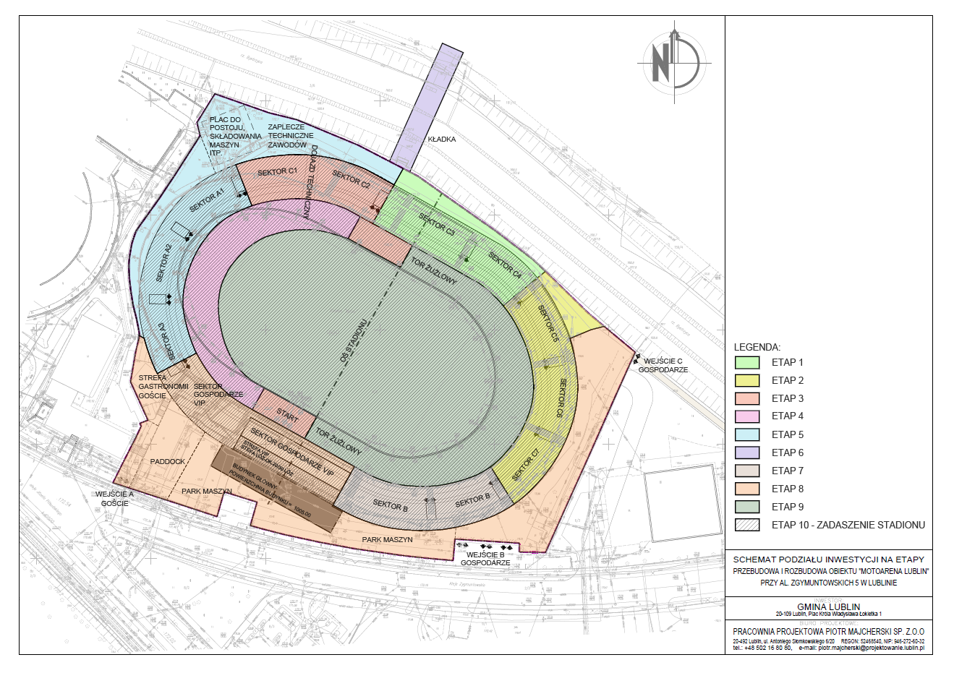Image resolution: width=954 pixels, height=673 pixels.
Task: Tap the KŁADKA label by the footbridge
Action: (441, 139)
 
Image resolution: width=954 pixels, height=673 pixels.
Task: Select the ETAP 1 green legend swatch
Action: (747, 362)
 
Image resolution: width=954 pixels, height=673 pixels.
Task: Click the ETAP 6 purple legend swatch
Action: (747, 453)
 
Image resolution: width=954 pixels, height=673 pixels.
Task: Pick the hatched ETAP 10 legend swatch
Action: (747, 525)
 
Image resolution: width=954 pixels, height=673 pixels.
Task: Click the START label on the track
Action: (286, 416)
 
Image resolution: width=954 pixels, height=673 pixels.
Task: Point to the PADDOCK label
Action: (168, 461)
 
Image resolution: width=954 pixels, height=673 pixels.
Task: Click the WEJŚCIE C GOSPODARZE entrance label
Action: (663, 365)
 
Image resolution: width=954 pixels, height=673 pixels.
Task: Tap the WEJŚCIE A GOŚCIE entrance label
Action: (115, 499)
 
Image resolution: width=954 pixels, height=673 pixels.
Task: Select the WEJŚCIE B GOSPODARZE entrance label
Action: (485, 558)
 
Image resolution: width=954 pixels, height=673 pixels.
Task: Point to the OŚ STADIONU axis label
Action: (354, 339)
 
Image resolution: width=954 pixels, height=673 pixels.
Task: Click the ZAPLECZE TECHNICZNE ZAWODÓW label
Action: (290, 136)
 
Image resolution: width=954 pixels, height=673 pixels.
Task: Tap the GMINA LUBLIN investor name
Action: (828, 606)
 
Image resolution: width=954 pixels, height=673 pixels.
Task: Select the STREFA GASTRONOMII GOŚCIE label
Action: (153, 387)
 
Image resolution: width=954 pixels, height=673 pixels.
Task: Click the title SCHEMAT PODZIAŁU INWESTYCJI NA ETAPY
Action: (828, 560)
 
